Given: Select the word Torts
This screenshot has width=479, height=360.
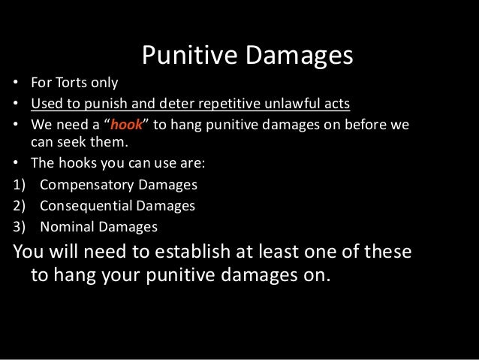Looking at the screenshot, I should pos(79,83).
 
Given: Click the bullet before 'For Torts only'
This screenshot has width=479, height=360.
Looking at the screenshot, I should pos(15,83).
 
